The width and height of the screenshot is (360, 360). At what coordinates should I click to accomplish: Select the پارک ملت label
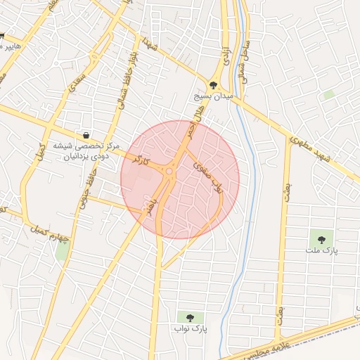(x=322, y=250)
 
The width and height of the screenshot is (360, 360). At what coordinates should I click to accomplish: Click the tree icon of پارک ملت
(x=322, y=240)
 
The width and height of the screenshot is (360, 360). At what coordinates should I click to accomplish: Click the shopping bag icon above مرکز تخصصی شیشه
(x=86, y=135)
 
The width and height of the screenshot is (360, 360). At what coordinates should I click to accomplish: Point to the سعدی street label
(x=73, y=88)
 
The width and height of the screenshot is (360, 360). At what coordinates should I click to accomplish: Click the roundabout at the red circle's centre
(x=169, y=171)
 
